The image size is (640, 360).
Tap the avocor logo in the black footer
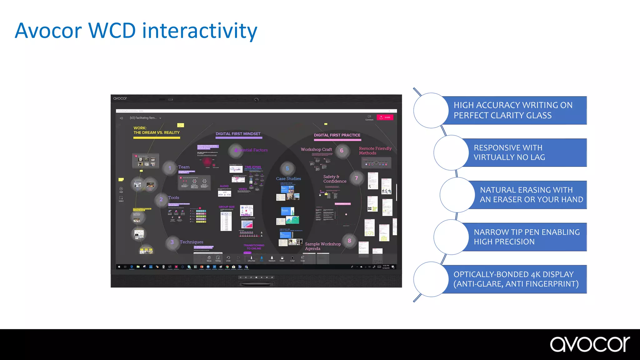tap(590, 344)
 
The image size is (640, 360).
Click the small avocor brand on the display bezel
tap(120, 98)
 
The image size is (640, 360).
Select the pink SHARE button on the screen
tap(385, 117)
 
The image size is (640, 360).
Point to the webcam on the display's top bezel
tap(256, 100)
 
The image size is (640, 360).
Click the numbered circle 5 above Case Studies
tap(287, 169)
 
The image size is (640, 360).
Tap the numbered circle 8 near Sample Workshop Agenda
tap(349, 241)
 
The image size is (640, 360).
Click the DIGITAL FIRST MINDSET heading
tap(238, 134)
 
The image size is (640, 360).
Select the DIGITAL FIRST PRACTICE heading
tap(337, 135)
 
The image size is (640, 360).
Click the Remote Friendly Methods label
tap(375, 151)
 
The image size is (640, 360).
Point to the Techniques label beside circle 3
tap(191, 242)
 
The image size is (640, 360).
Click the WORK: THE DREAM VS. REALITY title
tap(157, 130)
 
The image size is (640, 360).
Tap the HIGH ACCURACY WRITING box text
tap(513, 110)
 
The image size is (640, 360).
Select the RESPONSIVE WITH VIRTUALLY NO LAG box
tap(509, 152)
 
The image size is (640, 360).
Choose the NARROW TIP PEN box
tap(527, 237)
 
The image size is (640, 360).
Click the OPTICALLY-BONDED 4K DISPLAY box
tap(516, 279)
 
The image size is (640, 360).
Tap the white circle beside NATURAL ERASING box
tap(457, 195)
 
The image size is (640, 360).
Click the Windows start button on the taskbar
tap(119, 267)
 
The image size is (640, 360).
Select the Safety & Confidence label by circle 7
tap(335, 179)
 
